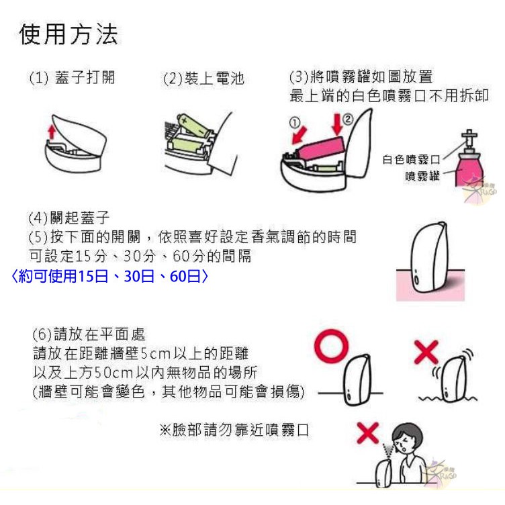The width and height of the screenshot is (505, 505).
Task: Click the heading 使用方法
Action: (68, 34)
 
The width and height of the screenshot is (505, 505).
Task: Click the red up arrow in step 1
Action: (52, 132)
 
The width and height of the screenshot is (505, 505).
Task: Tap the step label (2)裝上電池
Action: (203, 79)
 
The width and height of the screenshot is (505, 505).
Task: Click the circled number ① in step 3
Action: (295, 122)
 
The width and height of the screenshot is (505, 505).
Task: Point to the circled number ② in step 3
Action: (347, 120)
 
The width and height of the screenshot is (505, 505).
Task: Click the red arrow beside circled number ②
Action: (337, 124)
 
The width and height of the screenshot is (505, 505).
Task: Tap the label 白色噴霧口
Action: (411, 159)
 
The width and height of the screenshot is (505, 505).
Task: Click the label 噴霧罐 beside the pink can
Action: (422, 176)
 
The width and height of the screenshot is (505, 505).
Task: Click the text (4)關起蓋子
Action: (69, 218)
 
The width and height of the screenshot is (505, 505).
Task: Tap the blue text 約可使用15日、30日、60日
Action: (109, 276)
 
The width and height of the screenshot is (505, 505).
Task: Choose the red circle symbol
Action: (331, 347)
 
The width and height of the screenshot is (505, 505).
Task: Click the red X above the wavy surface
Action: (426, 352)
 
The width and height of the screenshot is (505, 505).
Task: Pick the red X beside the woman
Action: (368, 433)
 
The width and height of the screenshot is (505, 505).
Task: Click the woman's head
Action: (407, 439)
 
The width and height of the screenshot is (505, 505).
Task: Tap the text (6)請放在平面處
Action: (89, 334)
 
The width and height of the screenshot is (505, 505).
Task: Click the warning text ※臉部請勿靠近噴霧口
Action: (234, 430)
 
